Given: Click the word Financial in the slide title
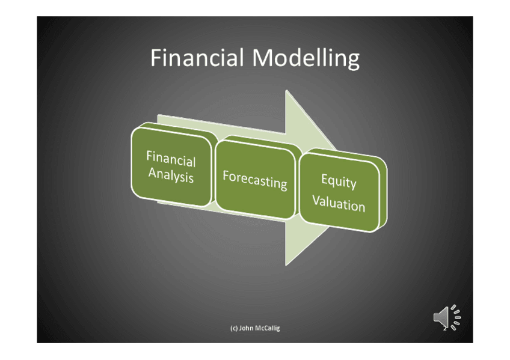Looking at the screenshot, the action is pos(197,58).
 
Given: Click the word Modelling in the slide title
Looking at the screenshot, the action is pos(306,59).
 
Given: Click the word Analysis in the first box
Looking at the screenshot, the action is pos(171,175).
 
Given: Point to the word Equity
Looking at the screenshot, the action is pos(339,181).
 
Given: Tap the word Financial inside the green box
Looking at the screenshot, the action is pos(171,159).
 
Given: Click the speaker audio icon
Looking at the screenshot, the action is pos(447,317).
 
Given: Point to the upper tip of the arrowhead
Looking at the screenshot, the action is pos(286,90).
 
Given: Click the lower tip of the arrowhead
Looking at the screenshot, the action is pos(286,266).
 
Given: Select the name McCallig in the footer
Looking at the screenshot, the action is pos(268,328).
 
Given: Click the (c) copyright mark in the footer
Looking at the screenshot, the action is pos(234,328).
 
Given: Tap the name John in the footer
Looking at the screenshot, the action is pos(246,328).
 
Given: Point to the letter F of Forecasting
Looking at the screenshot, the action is pos(226,175).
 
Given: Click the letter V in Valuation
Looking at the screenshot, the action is pos(317,200).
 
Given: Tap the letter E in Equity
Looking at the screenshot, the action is pos(324,178).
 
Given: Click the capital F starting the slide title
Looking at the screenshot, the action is pos(156,58).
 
